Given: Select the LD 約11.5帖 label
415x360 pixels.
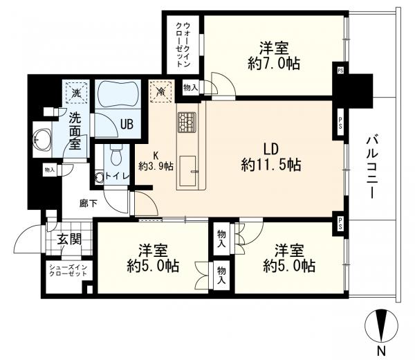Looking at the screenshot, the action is (271, 157).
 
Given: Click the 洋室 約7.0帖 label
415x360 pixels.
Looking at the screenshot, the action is (274, 56).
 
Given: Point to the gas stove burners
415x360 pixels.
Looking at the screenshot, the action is (187, 122).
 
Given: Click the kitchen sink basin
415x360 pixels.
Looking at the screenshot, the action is (187, 171).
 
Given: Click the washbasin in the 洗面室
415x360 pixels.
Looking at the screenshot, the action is (43, 140).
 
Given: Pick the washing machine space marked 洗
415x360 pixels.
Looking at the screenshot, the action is (76, 93).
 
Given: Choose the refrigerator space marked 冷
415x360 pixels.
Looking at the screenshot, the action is (160, 91).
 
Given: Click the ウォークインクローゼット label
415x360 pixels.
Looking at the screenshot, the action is (183, 44).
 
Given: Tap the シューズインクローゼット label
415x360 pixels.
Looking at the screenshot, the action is (68, 270).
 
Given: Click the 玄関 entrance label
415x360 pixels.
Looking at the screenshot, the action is (69, 240).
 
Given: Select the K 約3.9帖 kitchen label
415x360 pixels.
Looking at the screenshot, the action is (156, 161).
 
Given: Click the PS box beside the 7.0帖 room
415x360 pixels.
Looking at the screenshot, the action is (340, 71).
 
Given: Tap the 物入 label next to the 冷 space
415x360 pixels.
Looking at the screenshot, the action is (191, 87).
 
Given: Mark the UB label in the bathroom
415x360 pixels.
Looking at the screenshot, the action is (127, 124).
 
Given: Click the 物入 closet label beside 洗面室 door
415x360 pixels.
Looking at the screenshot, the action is (50, 170).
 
